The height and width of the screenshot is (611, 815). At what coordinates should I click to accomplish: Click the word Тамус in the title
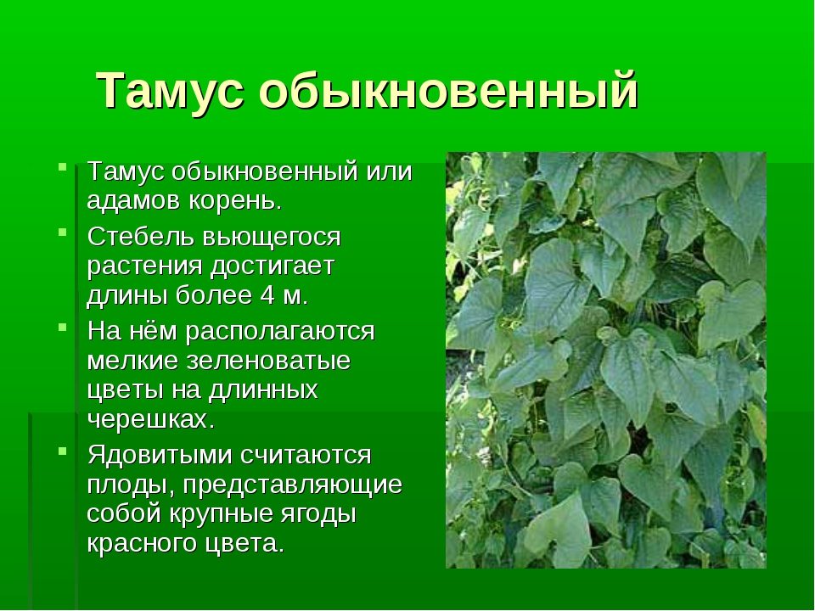(170, 90)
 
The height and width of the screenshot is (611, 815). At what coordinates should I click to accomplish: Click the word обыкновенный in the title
(448, 90)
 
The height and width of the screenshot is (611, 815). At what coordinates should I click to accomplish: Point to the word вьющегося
(272, 238)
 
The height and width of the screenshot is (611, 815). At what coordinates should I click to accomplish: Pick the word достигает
(272, 267)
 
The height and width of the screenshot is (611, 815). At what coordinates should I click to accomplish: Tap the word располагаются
(280, 332)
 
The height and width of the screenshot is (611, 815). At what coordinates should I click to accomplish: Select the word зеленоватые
(269, 362)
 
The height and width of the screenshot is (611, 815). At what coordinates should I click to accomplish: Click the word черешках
(151, 420)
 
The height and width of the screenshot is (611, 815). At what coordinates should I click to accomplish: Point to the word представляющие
(293, 485)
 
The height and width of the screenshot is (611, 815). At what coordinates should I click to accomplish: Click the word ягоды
(318, 514)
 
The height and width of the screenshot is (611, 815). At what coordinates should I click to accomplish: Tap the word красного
(142, 544)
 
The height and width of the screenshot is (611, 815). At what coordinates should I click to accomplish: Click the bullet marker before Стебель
(62, 231)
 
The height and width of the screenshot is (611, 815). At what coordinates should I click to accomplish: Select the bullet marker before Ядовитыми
(62, 451)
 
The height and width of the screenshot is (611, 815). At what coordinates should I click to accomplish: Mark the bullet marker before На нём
(62, 327)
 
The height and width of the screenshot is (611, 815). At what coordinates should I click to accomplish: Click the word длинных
(263, 390)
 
